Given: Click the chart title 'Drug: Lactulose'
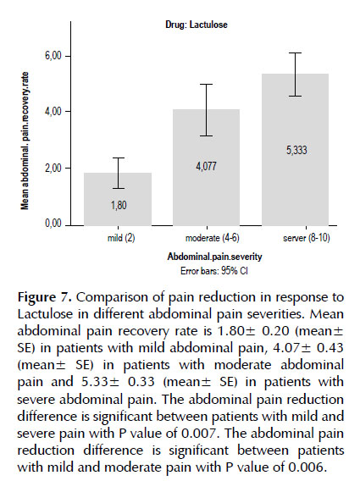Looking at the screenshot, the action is click(x=197, y=25).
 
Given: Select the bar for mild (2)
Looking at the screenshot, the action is click(x=118, y=199).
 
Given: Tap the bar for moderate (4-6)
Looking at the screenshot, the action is click(x=206, y=167).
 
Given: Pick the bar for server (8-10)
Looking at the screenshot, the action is click(x=296, y=150).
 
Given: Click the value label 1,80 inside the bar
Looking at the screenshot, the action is click(x=119, y=206).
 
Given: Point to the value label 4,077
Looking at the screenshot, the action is click(x=207, y=166).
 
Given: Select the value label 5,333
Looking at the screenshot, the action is click(x=296, y=150).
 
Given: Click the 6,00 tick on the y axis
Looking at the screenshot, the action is click(x=53, y=56).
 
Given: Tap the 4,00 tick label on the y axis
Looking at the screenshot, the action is click(x=53, y=112).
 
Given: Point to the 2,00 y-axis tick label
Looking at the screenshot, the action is click(x=53, y=169).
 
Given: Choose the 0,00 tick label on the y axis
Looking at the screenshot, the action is click(x=53, y=224).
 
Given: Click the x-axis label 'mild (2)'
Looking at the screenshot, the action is click(x=121, y=238).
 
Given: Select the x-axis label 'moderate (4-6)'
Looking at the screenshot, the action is click(x=212, y=238).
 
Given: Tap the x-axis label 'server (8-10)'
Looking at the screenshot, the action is click(x=307, y=238).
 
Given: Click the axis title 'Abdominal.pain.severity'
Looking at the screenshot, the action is click(x=214, y=257).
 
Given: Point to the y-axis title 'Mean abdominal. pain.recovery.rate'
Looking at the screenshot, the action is click(x=25, y=141).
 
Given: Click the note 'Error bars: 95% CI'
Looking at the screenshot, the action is click(x=214, y=270).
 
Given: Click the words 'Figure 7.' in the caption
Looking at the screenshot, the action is click(x=45, y=297).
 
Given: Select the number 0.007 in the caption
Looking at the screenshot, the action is click(x=198, y=434).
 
